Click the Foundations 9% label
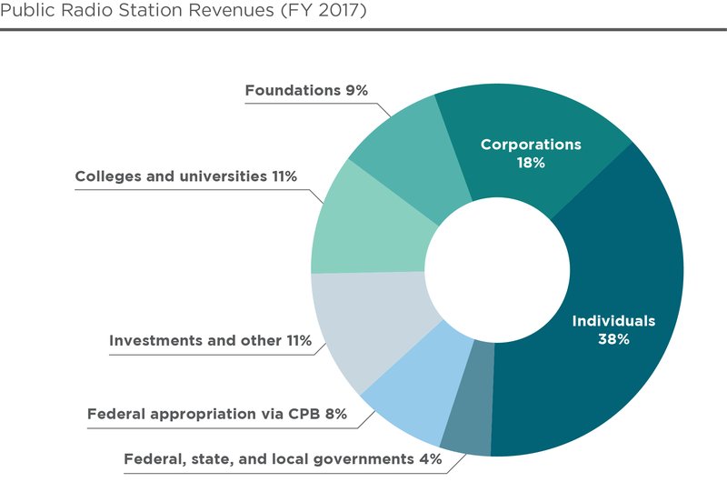310,90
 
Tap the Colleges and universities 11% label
186,176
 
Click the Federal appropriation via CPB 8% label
217,415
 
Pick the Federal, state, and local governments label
283,459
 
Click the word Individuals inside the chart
612,321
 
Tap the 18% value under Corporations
531,163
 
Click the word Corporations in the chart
531,145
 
